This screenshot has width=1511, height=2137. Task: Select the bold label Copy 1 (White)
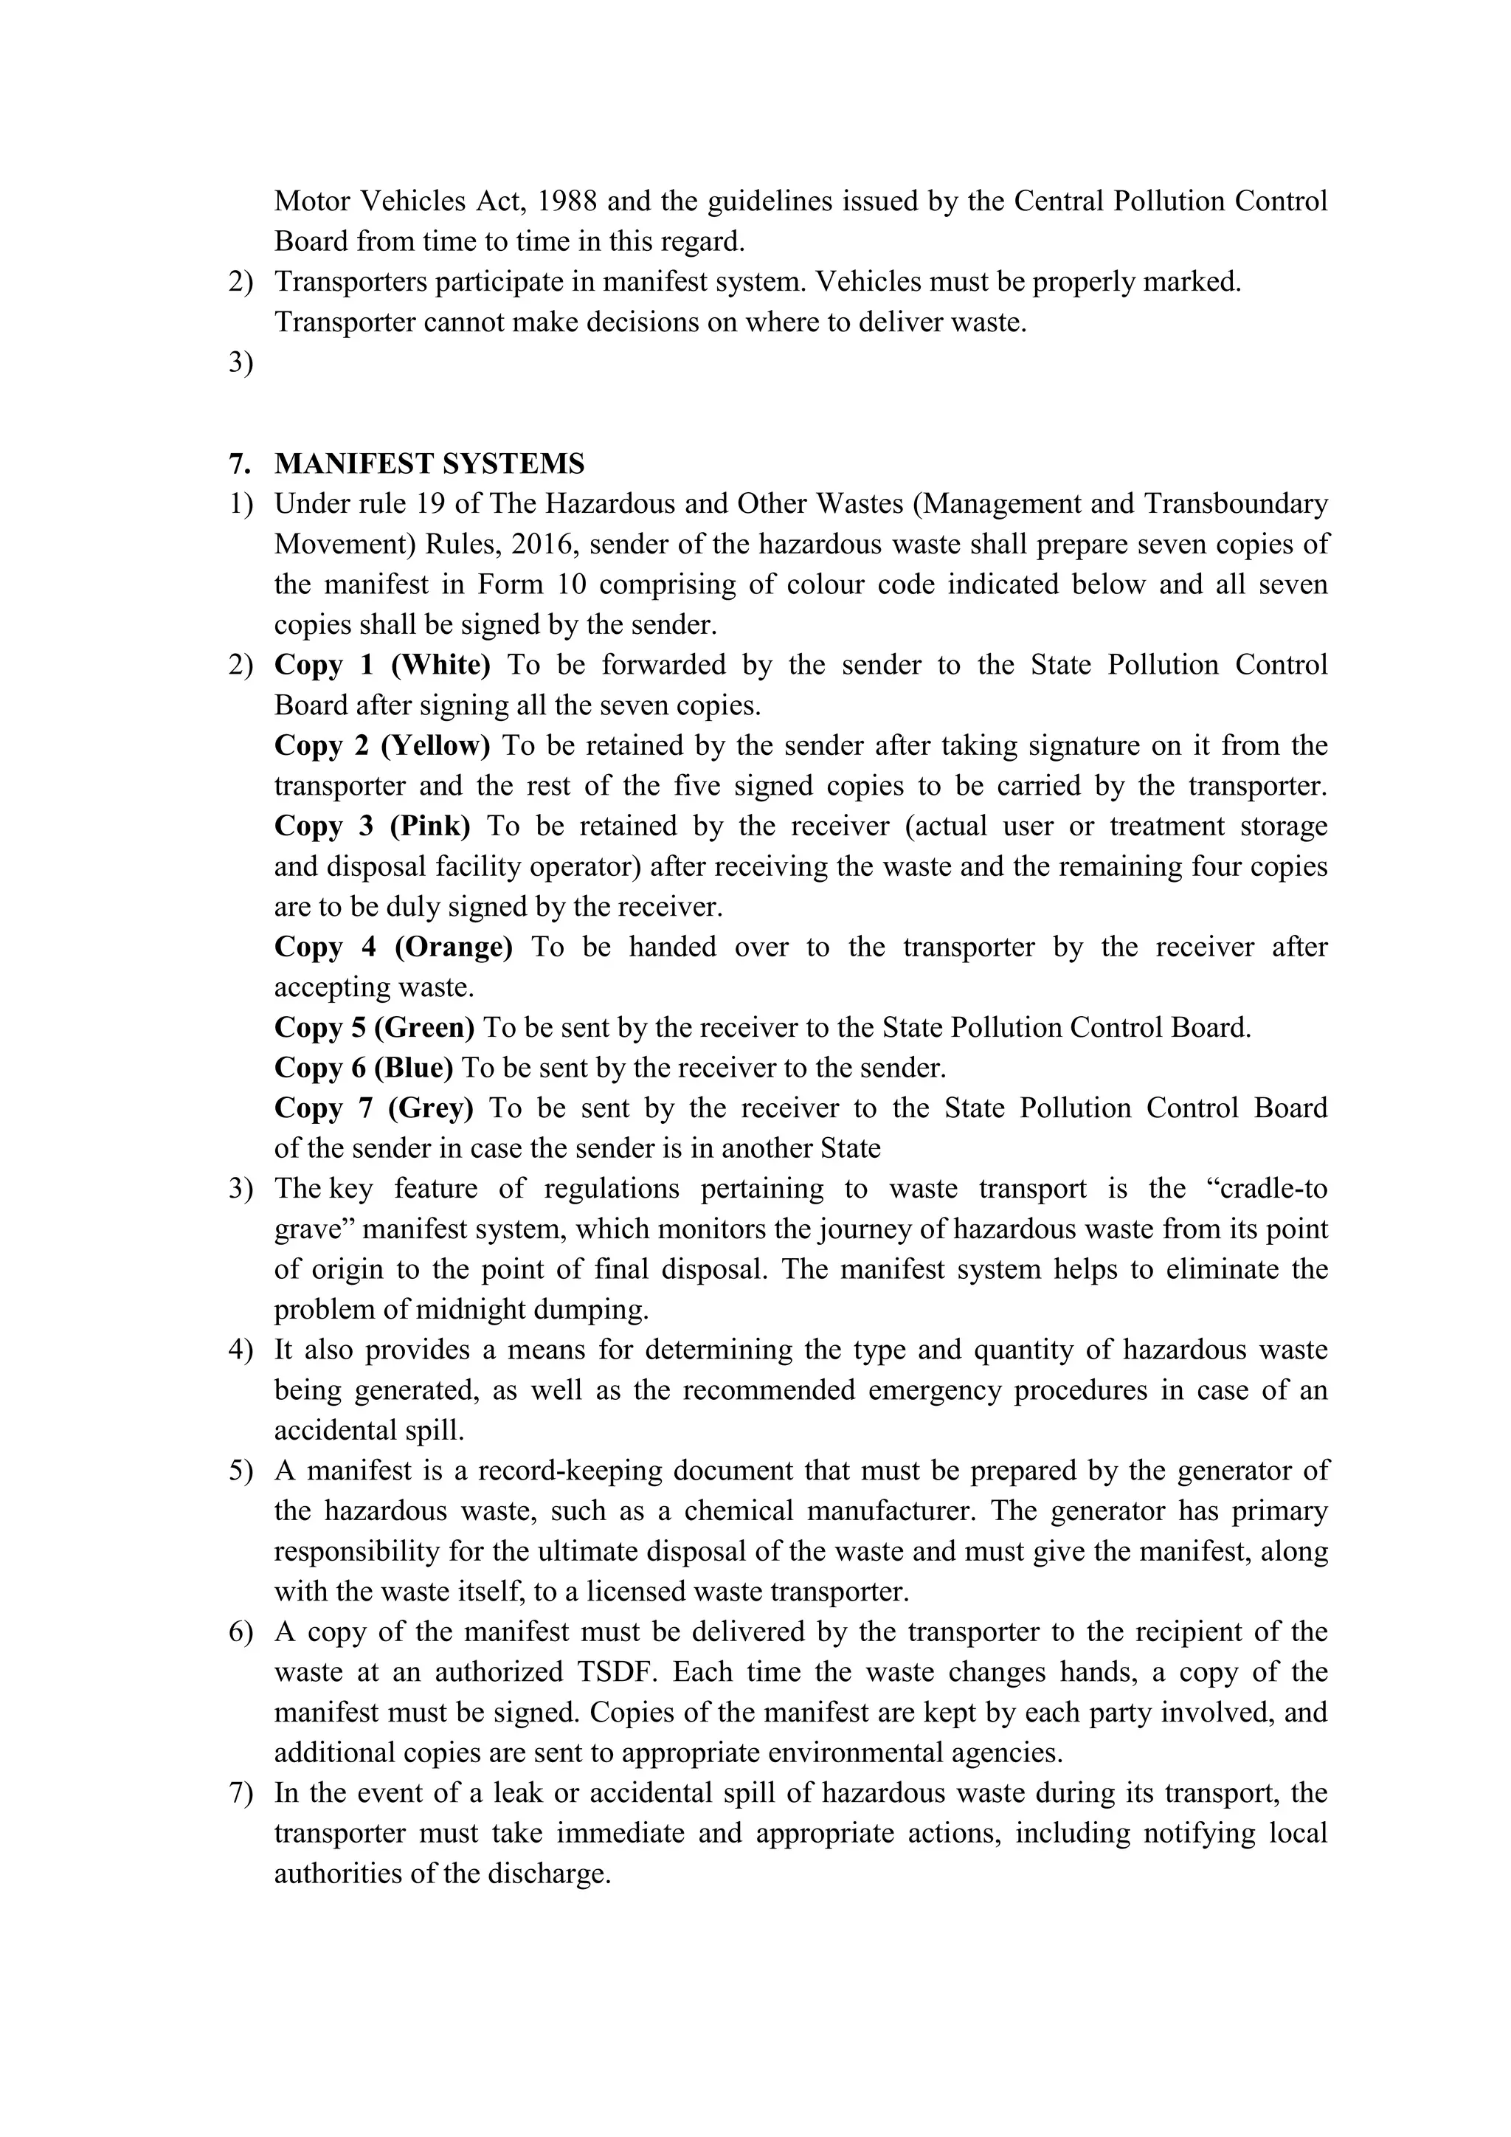(382, 666)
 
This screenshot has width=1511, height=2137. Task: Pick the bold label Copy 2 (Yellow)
(381, 745)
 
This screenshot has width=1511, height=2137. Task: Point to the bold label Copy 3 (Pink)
(372, 826)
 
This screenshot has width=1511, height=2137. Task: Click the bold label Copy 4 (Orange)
(393, 947)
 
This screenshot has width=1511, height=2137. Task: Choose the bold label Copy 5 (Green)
(374, 1028)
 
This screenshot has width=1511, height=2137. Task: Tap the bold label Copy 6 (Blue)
(363, 1068)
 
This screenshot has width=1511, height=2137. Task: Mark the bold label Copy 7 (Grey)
(373, 1108)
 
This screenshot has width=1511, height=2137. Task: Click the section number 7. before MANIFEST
(239, 463)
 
